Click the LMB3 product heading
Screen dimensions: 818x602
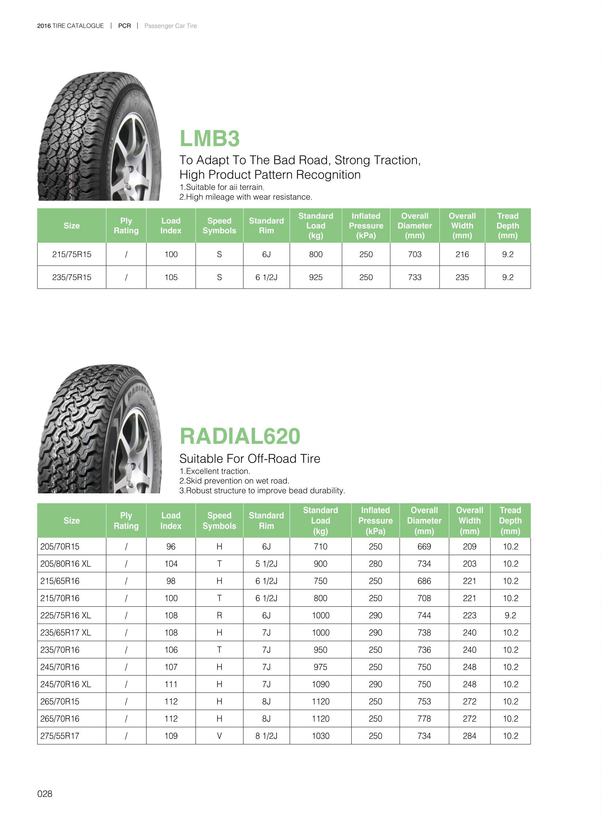coord(210,139)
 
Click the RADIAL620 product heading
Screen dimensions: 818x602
coord(240,436)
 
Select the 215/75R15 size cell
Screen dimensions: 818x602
coord(71,254)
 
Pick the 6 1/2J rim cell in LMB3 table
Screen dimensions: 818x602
coord(266,277)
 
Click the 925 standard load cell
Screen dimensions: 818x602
coord(316,277)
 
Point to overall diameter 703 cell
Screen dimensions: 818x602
coord(414,254)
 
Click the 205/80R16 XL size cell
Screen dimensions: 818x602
coord(66,564)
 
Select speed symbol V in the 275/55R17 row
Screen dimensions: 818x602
coord(219,736)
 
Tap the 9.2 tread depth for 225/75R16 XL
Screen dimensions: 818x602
coord(510,615)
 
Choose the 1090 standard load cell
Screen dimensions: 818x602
coord(320,684)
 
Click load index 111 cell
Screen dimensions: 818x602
coord(171,684)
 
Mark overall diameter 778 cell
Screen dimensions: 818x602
coord(424,719)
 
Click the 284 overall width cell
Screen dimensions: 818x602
coord(469,736)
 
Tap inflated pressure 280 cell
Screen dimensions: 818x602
coord(375,564)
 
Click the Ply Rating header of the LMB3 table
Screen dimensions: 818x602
coord(126,226)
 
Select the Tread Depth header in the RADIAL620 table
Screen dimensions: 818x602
coord(510,520)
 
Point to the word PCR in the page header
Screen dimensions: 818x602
coord(124,26)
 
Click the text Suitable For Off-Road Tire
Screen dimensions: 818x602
coord(250,458)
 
